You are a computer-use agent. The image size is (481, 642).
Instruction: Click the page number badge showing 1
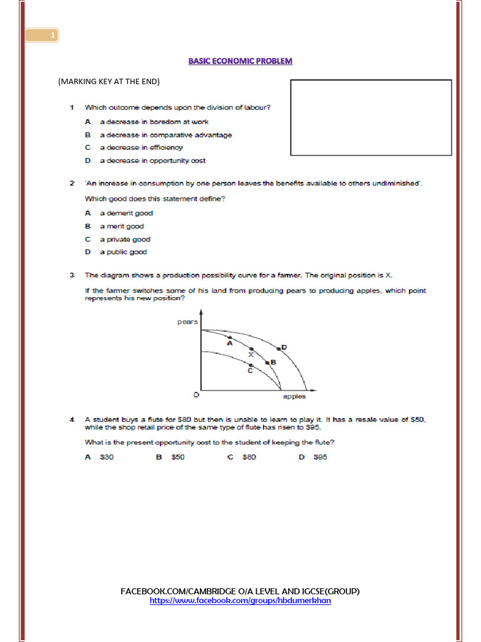click(x=42, y=36)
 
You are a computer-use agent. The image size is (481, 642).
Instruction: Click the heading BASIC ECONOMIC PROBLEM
click(x=240, y=61)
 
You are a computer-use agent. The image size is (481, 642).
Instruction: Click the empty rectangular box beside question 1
click(x=371, y=117)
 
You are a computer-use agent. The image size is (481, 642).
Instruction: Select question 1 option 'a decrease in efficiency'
click(x=141, y=147)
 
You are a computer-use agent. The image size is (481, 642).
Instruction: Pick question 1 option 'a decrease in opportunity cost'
click(x=152, y=160)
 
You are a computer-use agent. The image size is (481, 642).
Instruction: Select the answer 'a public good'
click(x=123, y=252)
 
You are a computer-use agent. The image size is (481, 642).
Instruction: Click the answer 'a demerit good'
click(x=126, y=213)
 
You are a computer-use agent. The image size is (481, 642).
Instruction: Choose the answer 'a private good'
click(x=125, y=239)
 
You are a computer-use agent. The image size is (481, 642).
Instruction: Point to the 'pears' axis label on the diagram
click(x=188, y=322)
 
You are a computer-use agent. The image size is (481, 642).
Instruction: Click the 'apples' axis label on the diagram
click(x=294, y=397)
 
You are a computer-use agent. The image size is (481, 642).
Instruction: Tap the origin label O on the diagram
click(x=195, y=395)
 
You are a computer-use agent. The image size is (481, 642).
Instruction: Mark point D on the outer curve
click(x=279, y=349)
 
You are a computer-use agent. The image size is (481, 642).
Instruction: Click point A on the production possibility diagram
click(x=230, y=337)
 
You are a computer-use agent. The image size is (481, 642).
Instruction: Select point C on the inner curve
click(x=251, y=365)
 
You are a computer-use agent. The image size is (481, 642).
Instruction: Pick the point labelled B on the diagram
click(x=267, y=362)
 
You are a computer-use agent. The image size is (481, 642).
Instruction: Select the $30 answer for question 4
click(x=106, y=457)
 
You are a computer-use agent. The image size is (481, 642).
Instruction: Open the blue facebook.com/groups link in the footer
click(x=240, y=601)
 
